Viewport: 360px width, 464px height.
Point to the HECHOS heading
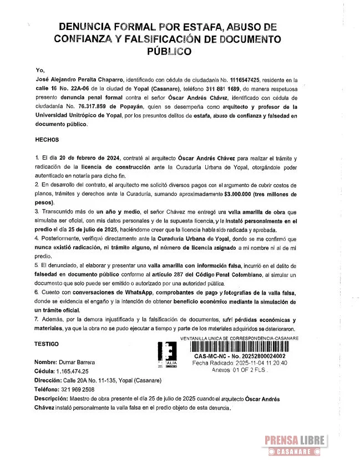pyautogui.click(x=47, y=140)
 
